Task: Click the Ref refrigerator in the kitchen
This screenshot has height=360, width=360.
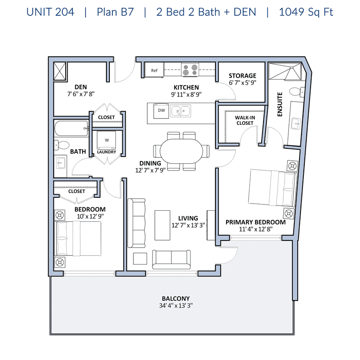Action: click(x=154, y=70)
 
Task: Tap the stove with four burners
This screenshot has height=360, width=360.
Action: click(x=190, y=70)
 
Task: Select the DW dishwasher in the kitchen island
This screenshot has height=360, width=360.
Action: click(x=161, y=111)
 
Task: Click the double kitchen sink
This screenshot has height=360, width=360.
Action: click(x=180, y=111)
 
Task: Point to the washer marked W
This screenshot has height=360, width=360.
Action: click(x=106, y=141)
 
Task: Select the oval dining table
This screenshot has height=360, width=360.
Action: click(x=181, y=151)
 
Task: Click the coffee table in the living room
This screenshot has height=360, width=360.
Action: click(x=162, y=225)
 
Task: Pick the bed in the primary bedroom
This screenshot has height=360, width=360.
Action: click(x=273, y=188)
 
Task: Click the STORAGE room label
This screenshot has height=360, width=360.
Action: click(x=242, y=76)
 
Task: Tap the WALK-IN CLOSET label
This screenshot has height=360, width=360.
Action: click(x=245, y=120)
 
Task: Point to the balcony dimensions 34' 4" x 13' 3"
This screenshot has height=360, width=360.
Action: click(x=176, y=306)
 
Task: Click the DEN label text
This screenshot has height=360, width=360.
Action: click(x=81, y=87)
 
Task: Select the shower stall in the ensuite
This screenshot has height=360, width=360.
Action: click(x=285, y=72)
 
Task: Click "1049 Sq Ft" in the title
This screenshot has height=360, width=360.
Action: click(x=306, y=12)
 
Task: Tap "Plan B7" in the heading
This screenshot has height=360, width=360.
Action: click(x=115, y=12)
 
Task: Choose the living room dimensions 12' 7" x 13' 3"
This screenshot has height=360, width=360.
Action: click(x=188, y=225)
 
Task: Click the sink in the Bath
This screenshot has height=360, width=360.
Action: click(x=60, y=163)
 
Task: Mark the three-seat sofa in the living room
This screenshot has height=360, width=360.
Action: click(x=136, y=223)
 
